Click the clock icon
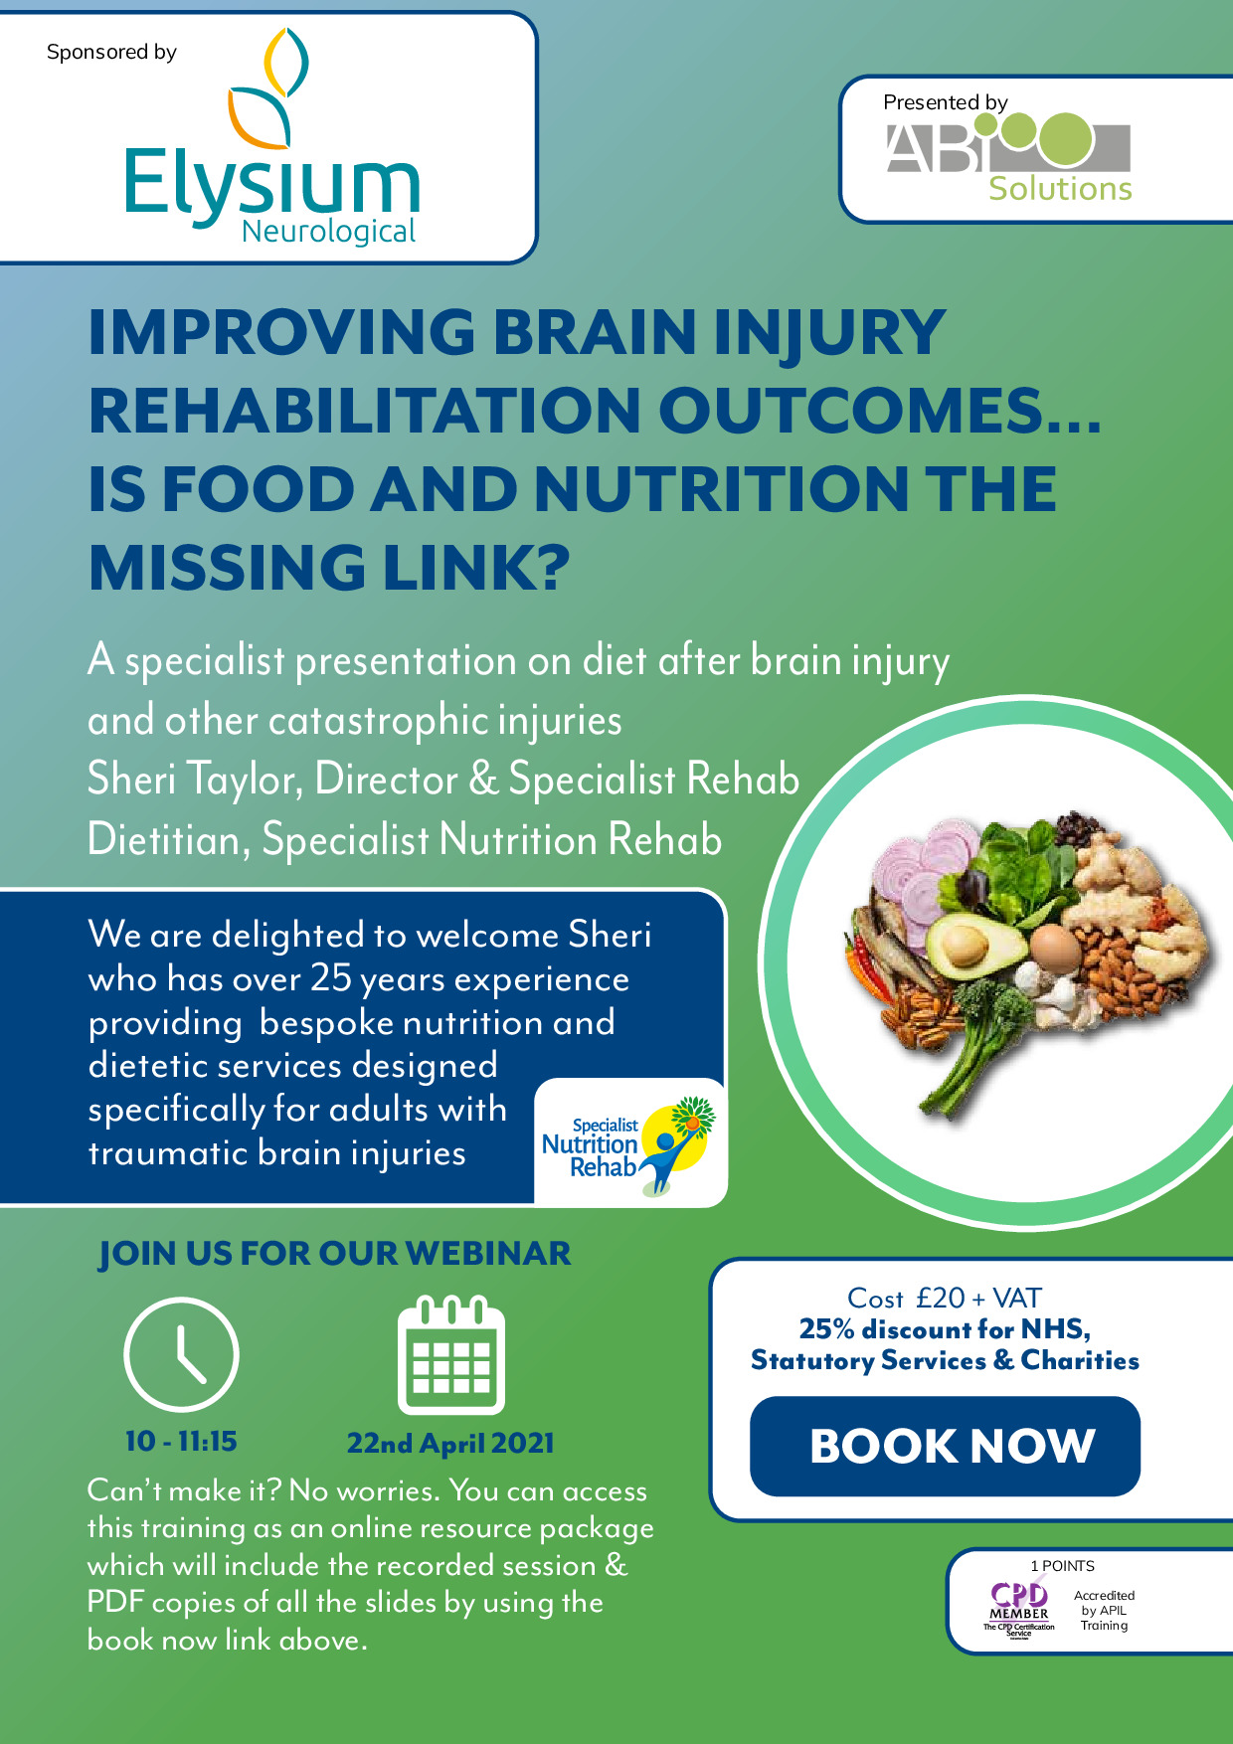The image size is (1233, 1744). click(181, 1353)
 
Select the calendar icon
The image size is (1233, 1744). click(451, 1354)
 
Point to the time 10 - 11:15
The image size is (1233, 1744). click(181, 1441)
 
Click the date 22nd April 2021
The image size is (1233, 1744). click(450, 1444)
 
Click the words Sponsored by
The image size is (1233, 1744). click(111, 52)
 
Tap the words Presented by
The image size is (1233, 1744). click(946, 101)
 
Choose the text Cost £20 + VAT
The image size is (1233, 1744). click(945, 1298)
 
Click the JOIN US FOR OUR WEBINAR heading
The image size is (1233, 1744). click(335, 1254)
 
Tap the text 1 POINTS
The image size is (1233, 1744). click(1062, 1566)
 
